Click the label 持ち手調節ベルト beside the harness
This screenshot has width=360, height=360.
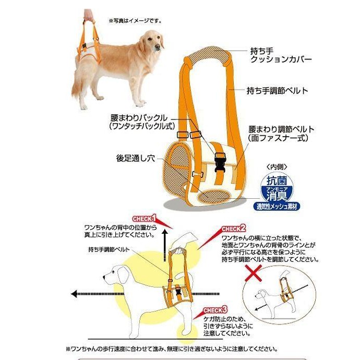[x=277, y=90]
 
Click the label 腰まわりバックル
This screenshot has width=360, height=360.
[x=138, y=122]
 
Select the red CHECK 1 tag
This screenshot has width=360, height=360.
[x=145, y=218]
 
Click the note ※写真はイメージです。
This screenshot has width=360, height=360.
[x=135, y=21]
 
